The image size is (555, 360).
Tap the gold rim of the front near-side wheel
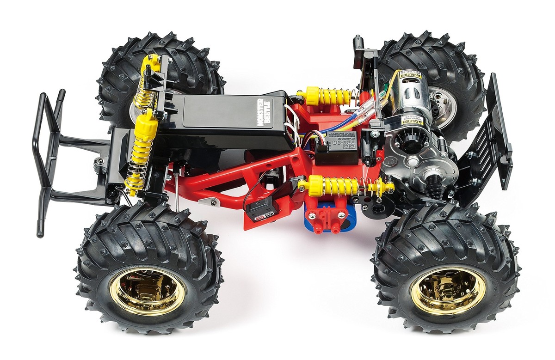tap(148, 291)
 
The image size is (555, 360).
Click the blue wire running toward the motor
tap(351, 116)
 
